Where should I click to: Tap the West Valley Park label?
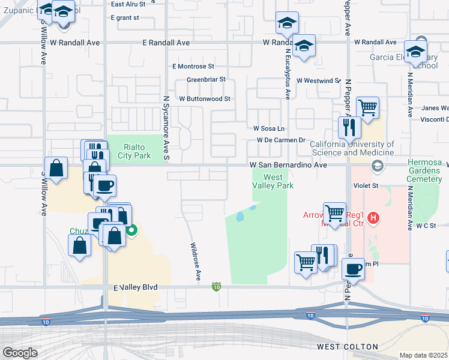pyautogui.click(x=273, y=181)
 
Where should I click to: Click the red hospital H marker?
pyautogui.click(x=373, y=218)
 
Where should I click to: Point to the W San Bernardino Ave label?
pyautogui.click(x=288, y=164)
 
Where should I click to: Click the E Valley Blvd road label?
pyautogui.click(x=135, y=288)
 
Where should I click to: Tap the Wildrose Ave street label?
pyautogui.click(x=195, y=262)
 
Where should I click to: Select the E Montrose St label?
pyautogui.click(x=193, y=67)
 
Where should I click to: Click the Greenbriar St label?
pyautogui.click(x=206, y=79)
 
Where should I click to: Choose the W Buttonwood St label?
pyautogui.click(x=205, y=98)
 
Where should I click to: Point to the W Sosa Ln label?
pyautogui.click(x=268, y=128)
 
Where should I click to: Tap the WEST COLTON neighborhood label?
pyautogui.click(x=348, y=347)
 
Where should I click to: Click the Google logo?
pyautogui.click(x=20, y=353)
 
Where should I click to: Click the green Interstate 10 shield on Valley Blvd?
pyautogui.click(x=216, y=288)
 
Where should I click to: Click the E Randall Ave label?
pyautogui.click(x=166, y=43)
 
